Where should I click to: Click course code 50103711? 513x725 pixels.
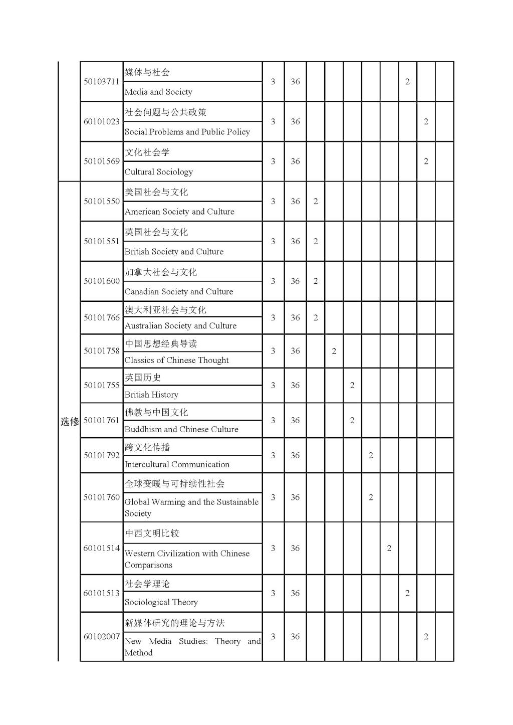tap(101, 82)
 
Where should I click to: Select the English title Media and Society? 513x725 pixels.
tap(158, 92)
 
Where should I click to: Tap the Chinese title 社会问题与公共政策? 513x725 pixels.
tap(166, 112)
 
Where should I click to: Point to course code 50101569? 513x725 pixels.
tap(101, 161)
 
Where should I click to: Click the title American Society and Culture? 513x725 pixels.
tap(179, 212)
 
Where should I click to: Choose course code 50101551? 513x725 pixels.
tap(101, 241)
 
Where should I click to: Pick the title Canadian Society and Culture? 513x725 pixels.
tap(179, 291)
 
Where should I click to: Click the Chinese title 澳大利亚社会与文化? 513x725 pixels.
tap(165, 310)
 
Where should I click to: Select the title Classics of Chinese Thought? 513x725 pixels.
tap(176, 360)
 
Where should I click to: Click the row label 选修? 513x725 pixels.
tap(70, 422)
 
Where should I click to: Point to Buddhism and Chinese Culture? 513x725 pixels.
tap(181, 429)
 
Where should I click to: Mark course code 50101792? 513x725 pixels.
tap(101, 455)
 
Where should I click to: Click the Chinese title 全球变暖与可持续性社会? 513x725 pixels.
tap(174, 484)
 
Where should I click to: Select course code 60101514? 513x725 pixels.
tap(101, 548)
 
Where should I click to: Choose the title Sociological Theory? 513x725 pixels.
tap(161, 602)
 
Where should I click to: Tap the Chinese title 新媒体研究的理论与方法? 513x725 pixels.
tap(174, 623)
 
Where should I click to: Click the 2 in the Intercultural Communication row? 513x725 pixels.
tap(371, 455)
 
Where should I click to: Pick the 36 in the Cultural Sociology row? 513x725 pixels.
tap(295, 161)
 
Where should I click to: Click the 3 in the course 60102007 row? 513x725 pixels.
tap(273, 637)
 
